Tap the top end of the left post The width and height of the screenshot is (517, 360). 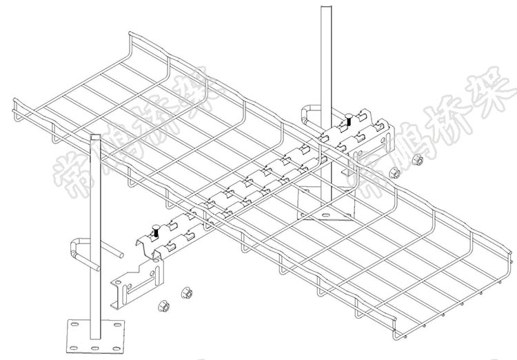[94, 137]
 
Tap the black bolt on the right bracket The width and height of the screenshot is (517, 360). [349, 120]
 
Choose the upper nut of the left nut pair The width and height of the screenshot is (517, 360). [185, 293]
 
